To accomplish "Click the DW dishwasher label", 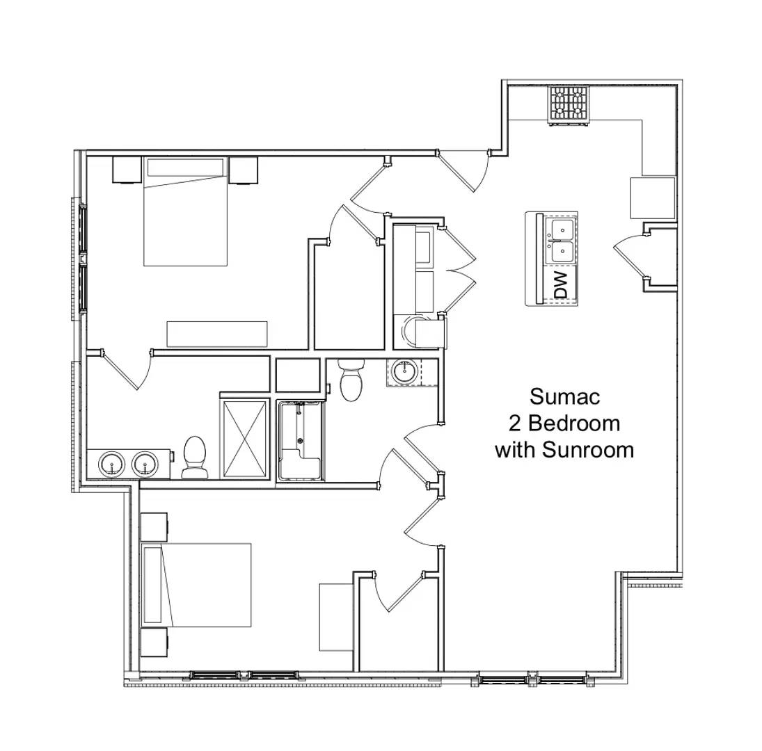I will coord(562,285).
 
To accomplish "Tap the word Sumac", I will coord(564,396).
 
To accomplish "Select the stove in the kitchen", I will coord(569,104).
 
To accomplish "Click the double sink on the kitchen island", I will coord(562,239).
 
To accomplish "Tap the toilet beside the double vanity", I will coord(195,458).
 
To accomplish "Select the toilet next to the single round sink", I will coord(351,380).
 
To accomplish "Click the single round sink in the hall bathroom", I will coord(404,372).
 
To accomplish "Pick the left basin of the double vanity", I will coord(111,463).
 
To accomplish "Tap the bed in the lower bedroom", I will coord(196,585).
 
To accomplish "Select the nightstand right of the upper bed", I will coord(244,169).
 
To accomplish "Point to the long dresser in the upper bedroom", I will coord(217,334).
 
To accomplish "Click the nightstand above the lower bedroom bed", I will coord(154,527).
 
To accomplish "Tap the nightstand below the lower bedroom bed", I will coord(154,642).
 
